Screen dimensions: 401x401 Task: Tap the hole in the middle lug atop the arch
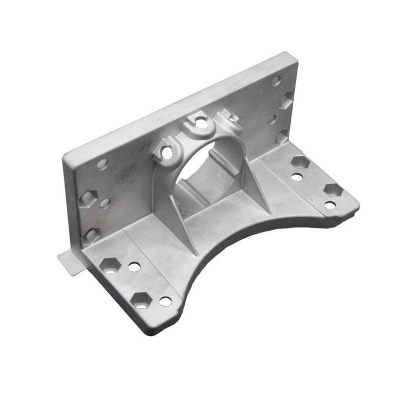200,121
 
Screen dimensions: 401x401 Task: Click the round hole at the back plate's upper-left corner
102,163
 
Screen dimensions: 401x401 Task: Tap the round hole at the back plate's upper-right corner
276,80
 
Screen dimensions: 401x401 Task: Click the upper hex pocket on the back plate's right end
286,100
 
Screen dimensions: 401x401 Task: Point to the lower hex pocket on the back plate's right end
283,137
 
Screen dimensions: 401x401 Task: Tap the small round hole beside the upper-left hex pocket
105,203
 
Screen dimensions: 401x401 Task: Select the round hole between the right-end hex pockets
272,120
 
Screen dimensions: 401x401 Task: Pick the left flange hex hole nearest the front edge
141,299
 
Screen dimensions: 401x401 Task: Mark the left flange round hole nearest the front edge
165,301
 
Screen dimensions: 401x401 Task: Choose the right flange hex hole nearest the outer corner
333,190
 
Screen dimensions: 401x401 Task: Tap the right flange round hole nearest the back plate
297,177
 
